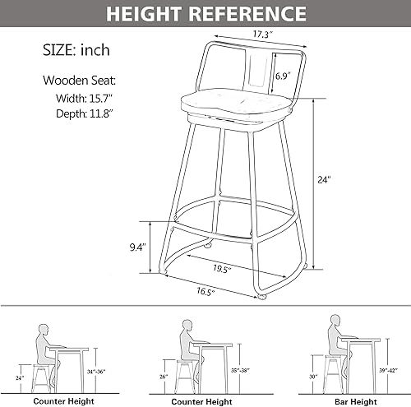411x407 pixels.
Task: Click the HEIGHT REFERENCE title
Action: pos(205,13)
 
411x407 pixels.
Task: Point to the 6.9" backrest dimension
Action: pos(283,76)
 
